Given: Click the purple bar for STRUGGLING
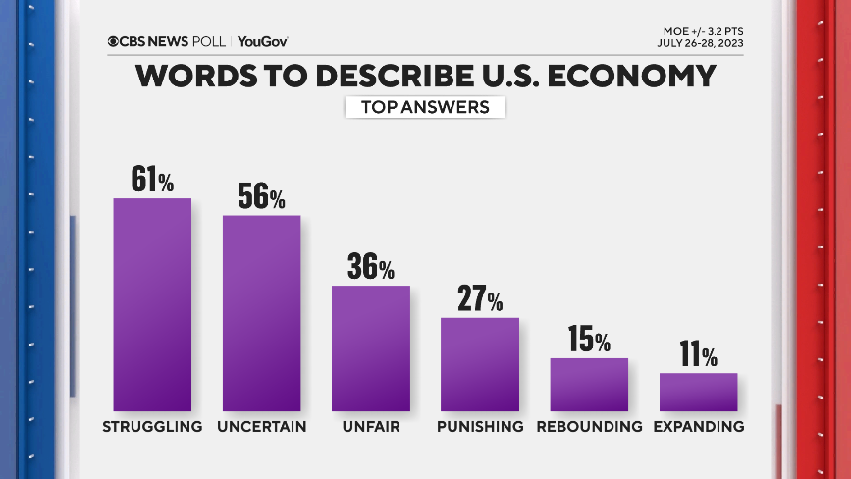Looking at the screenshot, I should click(152, 304).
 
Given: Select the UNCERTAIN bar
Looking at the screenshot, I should click(261, 312).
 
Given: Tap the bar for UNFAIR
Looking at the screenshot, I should click(370, 347).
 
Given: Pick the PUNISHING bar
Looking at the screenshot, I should click(479, 363).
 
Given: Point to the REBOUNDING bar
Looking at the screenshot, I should click(588, 384).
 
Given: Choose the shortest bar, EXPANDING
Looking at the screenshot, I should click(698, 392).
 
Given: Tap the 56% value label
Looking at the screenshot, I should click(261, 196).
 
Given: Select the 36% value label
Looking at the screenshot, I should click(370, 267).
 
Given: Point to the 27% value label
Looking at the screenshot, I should click(479, 299).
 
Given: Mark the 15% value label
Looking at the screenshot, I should click(588, 341).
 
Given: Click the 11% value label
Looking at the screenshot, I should click(698, 355).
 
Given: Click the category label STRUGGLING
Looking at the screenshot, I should click(152, 427).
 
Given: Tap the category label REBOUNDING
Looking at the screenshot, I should click(589, 427).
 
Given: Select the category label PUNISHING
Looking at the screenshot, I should click(480, 427).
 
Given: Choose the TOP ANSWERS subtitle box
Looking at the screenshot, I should click(425, 107).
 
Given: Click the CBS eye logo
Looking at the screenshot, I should click(114, 41).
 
